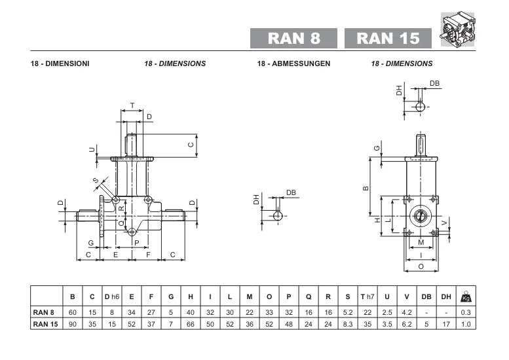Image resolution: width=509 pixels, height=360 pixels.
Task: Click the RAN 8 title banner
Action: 293,38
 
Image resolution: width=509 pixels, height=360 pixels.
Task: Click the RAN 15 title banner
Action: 388,38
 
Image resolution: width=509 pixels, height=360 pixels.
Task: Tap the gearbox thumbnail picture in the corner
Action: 457,29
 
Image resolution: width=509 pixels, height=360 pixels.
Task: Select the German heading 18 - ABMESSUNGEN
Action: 293,63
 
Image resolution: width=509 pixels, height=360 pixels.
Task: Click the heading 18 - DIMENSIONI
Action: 60,63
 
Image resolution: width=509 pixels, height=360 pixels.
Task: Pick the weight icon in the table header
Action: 466,296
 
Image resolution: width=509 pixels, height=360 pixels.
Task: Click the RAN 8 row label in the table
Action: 43,312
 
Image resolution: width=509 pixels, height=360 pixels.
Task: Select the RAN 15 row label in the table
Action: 45,324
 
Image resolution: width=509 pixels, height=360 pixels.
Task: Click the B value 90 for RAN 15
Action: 73,324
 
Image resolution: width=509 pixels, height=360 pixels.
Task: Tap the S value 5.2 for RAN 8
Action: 348,312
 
